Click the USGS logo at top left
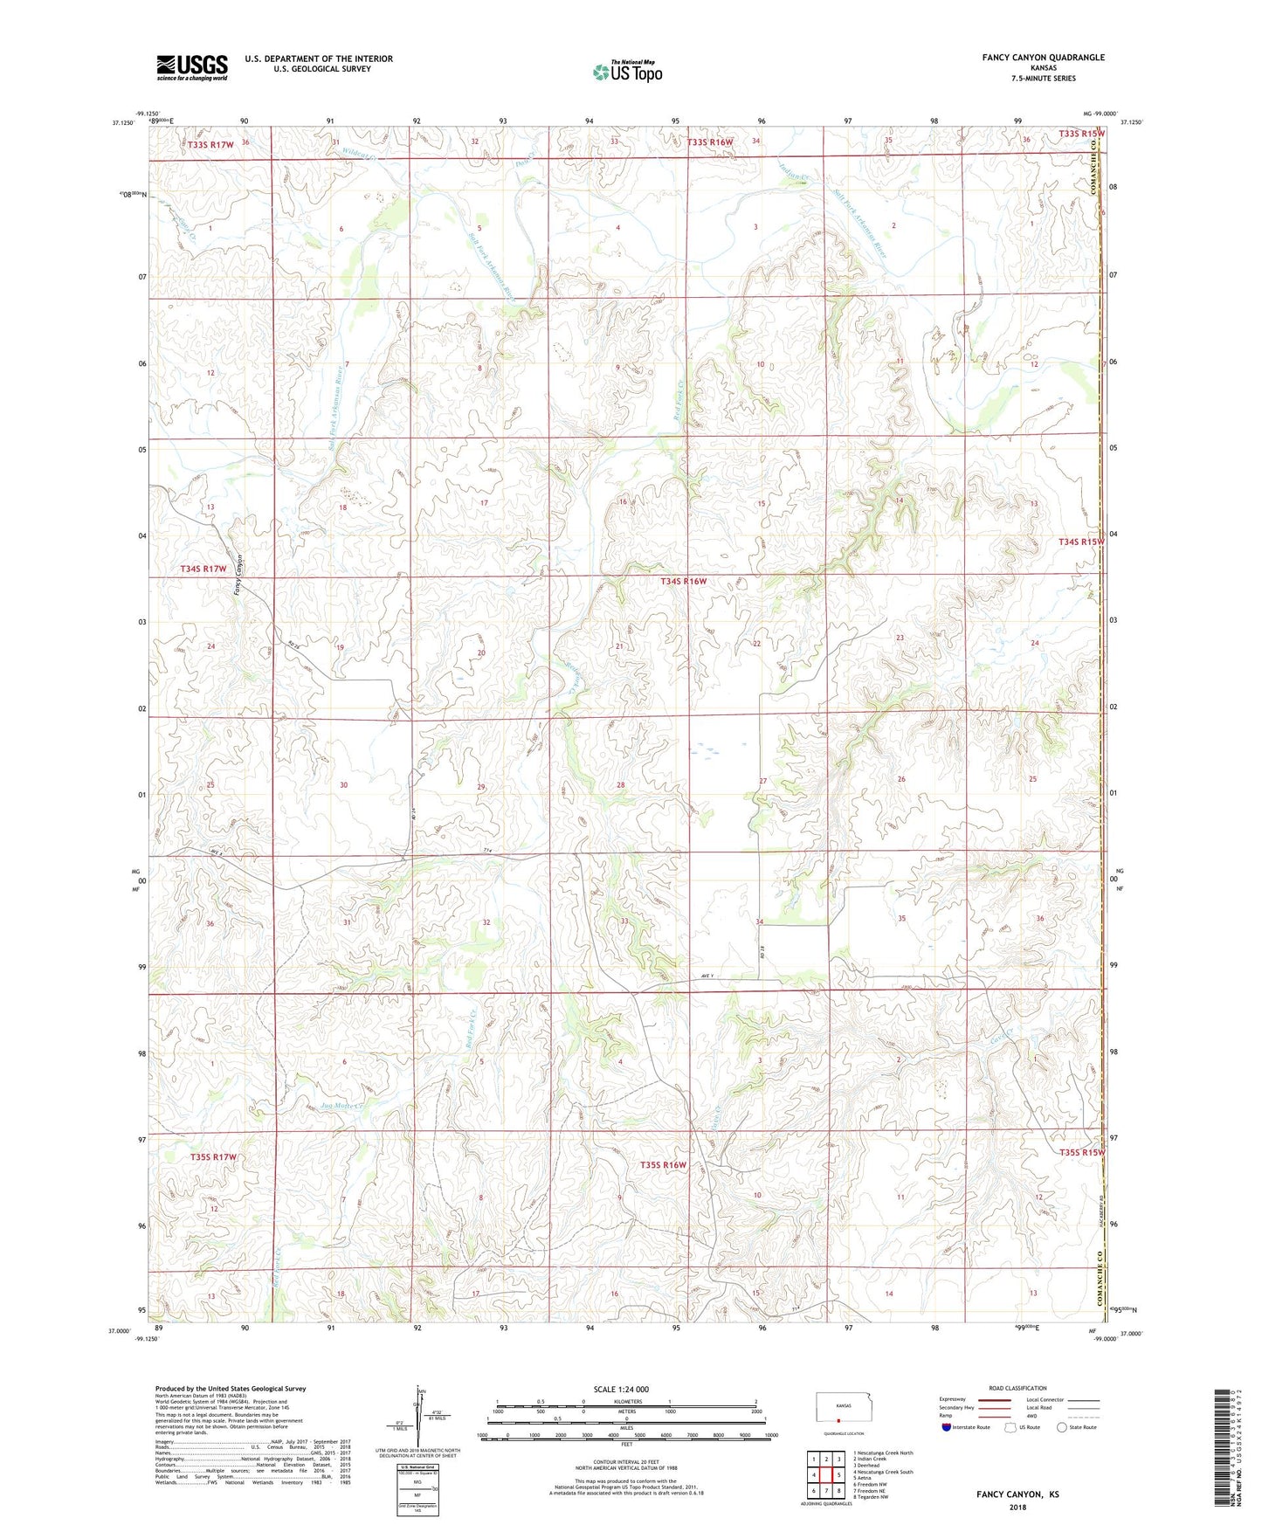click(192, 67)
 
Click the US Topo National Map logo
click(627, 72)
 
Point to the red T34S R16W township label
click(683, 581)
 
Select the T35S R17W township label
click(213, 1156)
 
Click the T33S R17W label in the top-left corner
click(210, 143)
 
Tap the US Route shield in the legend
click(1012, 1427)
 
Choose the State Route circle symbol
click(1062, 1427)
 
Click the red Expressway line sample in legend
click(994, 1399)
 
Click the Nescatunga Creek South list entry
click(883, 1472)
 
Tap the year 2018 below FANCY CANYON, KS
click(1017, 1507)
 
